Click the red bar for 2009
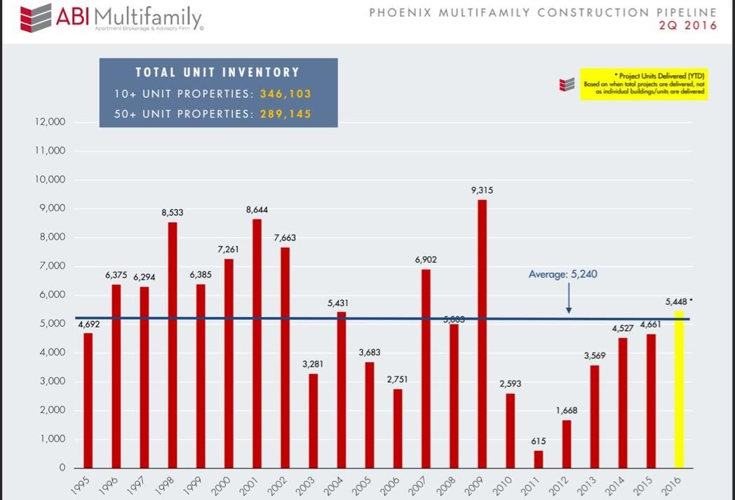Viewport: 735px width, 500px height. (482, 334)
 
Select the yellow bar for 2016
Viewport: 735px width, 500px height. (679, 389)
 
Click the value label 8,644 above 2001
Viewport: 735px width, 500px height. (257, 210)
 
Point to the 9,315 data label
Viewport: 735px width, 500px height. (482, 190)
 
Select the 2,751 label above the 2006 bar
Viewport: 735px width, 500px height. (398, 379)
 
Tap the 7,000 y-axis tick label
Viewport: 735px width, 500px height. (51, 266)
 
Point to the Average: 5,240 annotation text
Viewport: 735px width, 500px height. (562, 274)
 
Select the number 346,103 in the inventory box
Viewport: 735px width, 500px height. (285, 93)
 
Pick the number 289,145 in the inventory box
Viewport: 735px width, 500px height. (285, 113)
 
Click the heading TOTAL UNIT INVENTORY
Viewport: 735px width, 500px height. (217, 72)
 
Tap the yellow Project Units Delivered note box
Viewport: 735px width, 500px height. (644, 84)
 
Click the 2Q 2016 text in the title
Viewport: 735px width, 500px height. (687, 26)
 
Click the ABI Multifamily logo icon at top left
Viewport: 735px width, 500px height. (35, 17)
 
